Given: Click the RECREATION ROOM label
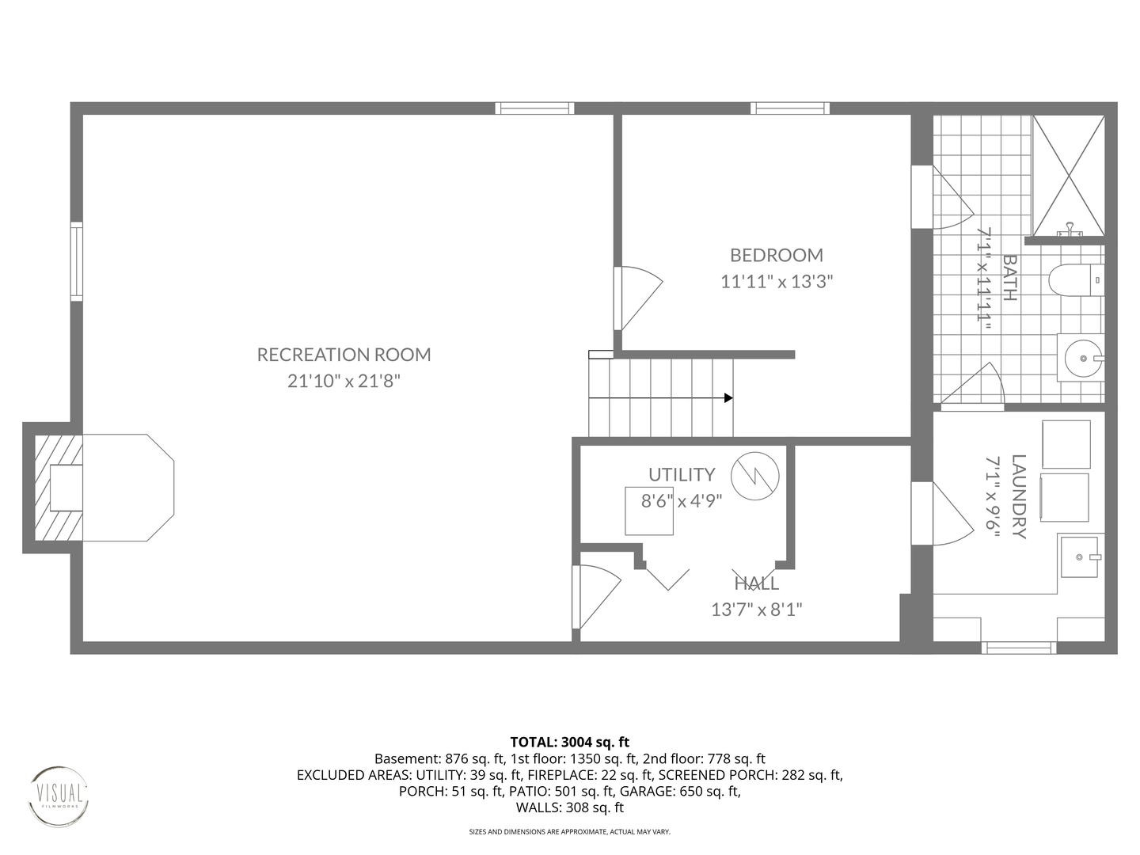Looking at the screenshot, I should (x=344, y=355).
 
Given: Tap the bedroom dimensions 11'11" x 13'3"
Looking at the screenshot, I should (x=776, y=281).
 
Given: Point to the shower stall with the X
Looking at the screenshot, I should (x=1068, y=175).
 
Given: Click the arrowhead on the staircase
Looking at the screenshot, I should (x=728, y=397).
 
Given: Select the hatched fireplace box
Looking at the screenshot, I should (x=59, y=487).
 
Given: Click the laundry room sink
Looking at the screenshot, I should (x=1079, y=557).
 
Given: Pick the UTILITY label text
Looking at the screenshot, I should (x=681, y=474).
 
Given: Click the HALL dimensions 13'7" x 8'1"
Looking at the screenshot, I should (x=756, y=609).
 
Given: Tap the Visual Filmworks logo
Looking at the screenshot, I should (x=59, y=796).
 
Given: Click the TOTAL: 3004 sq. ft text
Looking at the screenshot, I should (x=569, y=742).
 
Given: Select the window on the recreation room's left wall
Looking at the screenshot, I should (x=76, y=261).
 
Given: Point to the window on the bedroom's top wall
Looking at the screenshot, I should (x=790, y=108).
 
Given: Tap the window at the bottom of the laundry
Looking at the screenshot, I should (x=1018, y=648).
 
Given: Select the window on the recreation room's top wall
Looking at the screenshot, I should (x=534, y=108).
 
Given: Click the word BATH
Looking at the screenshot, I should (x=1009, y=277).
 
